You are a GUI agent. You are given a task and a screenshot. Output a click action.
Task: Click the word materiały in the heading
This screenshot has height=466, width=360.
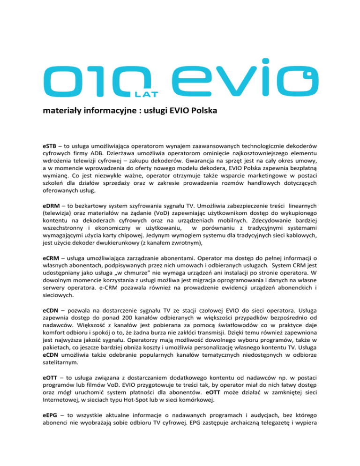pos(60,112)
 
